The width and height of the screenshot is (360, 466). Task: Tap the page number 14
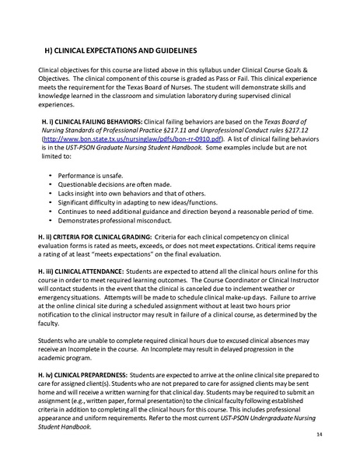[x=342, y=434]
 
